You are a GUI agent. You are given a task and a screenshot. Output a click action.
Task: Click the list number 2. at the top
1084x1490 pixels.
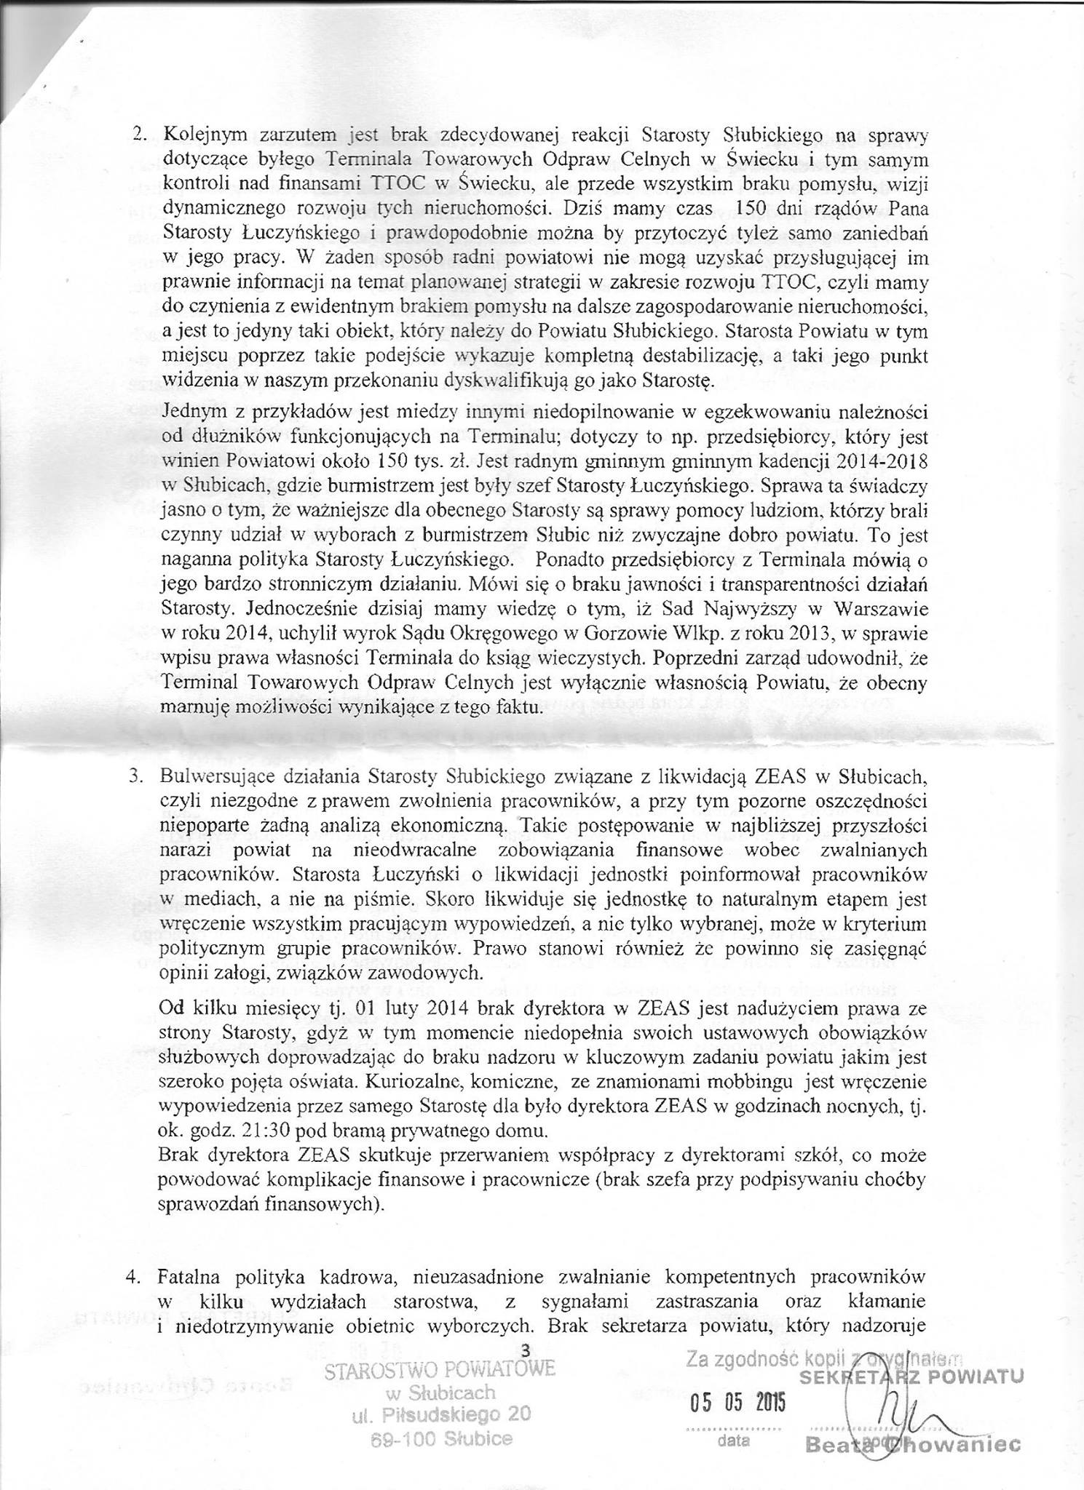tap(138, 136)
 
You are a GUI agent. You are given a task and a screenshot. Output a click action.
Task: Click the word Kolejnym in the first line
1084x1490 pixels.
tap(196, 136)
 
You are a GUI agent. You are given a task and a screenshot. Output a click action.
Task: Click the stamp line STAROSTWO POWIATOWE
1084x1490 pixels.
tap(440, 1369)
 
